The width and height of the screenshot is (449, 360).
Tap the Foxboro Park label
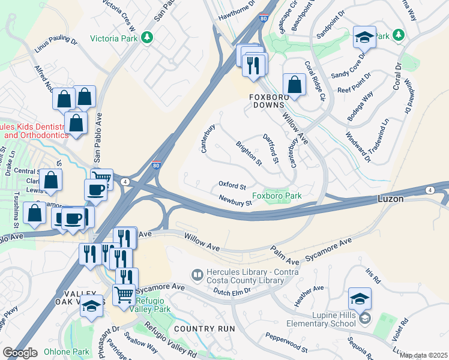pos(277,196)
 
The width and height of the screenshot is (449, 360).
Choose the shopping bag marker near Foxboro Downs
pos(294,85)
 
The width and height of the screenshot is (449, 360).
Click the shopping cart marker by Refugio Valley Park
pos(124,295)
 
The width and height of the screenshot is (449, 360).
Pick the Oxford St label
pos(232,186)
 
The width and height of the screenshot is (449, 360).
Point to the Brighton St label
pos(249,154)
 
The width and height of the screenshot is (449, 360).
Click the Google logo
pos(20,353)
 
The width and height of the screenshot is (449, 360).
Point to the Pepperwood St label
pos(287,343)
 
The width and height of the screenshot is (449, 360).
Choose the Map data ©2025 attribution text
pos(423,355)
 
